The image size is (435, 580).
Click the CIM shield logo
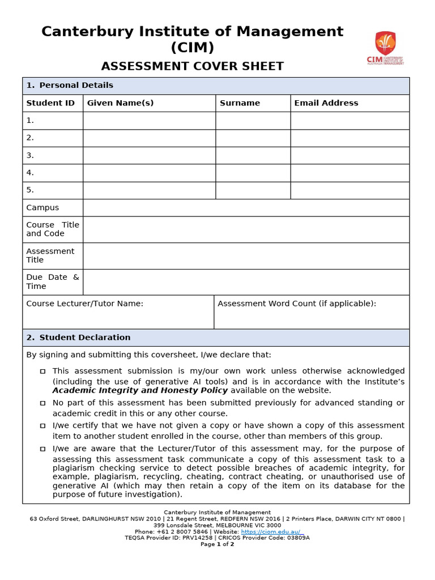coord(385,44)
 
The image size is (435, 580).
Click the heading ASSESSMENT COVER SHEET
coord(192,66)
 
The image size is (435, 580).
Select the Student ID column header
coord(50,103)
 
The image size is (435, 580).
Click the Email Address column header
coord(326,103)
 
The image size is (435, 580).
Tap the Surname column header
coord(240,103)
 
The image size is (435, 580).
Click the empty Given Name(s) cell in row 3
coord(149,155)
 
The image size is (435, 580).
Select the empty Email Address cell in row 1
coord(349,120)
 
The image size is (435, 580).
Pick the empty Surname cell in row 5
coord(253,190)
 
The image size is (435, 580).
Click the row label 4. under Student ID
coord(30,173)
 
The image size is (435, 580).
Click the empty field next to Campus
coord(246,208)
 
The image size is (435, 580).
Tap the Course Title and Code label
coord(53,229)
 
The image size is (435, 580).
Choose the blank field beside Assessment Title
coord(246,255)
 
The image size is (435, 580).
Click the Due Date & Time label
coord(53,282)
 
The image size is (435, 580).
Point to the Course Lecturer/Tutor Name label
coord(84,304)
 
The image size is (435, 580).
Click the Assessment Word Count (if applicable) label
coord(297,304)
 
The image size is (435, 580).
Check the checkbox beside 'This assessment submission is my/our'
coord(42,372)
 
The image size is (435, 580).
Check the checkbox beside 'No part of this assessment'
coord(42,403)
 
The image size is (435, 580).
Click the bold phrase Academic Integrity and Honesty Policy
coord(140,390)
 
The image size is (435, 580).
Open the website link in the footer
coord(272,532)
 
